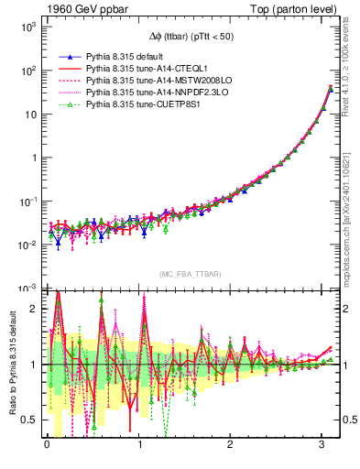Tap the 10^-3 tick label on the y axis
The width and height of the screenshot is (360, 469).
pyautogui.click(x=28, y=288)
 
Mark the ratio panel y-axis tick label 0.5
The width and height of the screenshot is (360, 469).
pyautogui.click(x=32, y=420)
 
